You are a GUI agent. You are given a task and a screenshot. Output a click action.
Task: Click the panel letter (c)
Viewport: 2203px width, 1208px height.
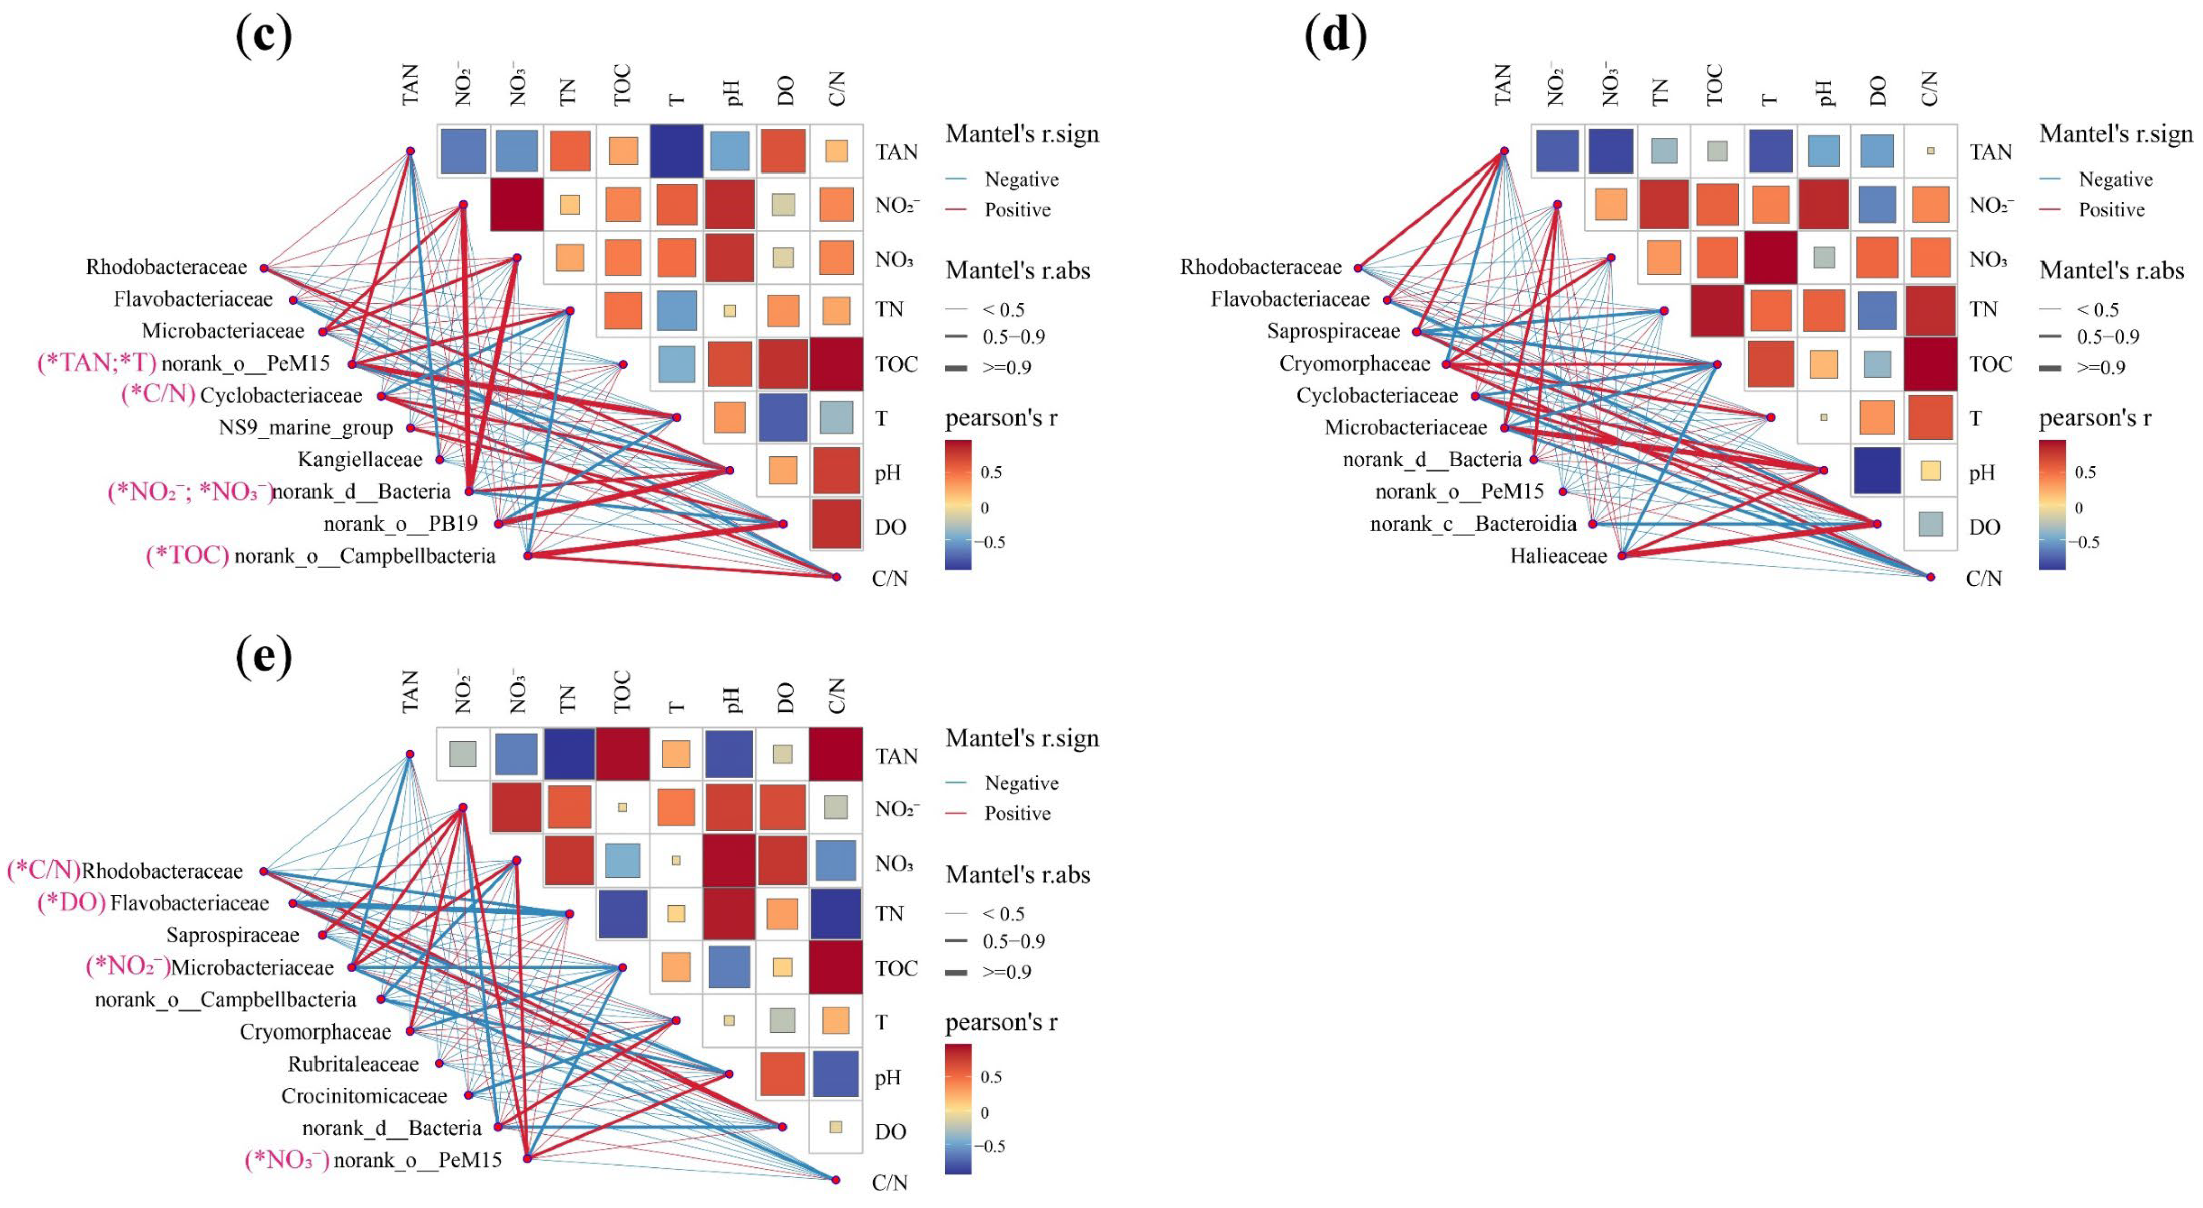click(263, 36)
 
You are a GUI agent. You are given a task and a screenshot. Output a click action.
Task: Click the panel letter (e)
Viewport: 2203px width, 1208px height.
click(263, 656)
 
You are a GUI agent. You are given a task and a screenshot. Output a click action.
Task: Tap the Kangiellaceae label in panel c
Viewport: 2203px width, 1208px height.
click(360, 460)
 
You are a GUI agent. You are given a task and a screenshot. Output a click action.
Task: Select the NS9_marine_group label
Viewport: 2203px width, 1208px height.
click(305, 427)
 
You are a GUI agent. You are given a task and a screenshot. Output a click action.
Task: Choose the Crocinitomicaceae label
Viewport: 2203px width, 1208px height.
click(364, 1096)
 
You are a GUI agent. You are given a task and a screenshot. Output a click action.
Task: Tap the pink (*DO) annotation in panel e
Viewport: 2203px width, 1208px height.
click(71, 903)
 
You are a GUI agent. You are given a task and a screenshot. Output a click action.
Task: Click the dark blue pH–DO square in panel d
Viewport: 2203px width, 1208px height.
click(1877, 471)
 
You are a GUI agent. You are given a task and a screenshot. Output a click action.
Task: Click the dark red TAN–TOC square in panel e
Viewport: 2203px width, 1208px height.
click(622, 755)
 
